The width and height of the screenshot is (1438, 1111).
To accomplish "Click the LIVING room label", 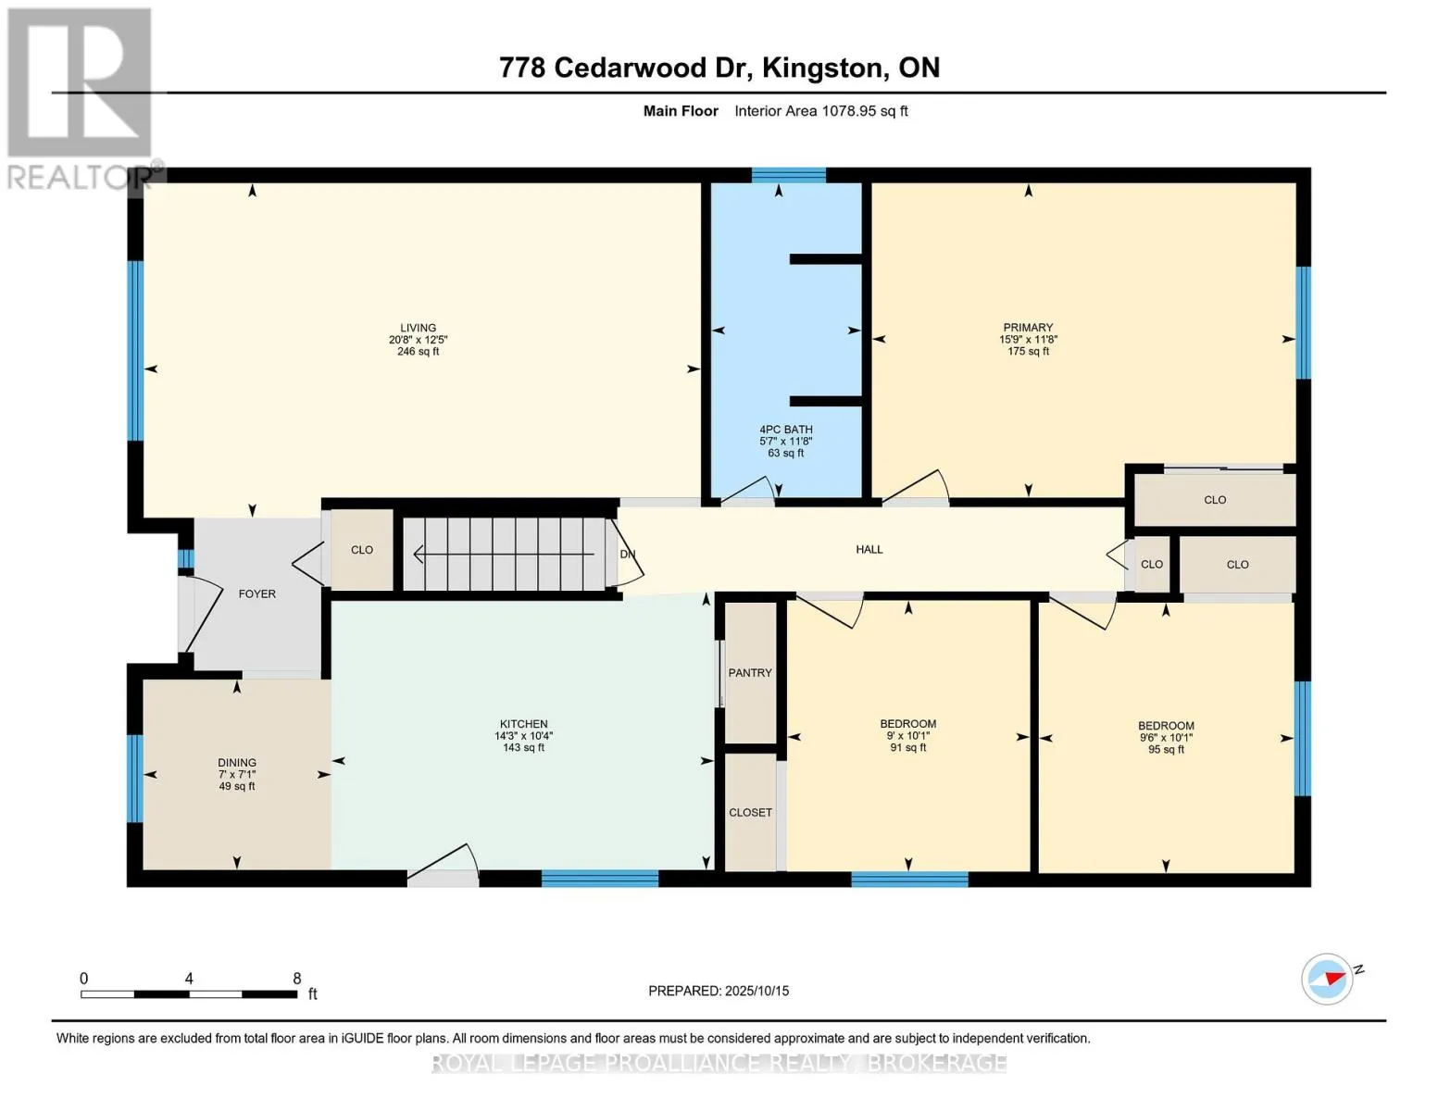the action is coord(418,328).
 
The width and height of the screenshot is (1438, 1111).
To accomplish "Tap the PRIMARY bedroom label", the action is coord(1028,327).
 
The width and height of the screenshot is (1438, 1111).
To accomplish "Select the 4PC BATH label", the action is coord(785,430).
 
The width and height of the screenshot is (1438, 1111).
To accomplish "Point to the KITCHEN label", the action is coord(523,724).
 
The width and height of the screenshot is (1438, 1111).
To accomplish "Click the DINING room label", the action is coord(237,762).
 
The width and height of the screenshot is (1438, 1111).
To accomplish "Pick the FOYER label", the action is coord(256,593).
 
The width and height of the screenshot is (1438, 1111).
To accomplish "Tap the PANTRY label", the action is coord(750,672).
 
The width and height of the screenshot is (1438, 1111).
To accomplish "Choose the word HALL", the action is coord(869,549).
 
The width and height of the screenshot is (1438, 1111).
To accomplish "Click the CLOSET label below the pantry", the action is coord(750,812).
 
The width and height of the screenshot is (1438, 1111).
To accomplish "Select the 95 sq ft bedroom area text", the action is coord(1166,749).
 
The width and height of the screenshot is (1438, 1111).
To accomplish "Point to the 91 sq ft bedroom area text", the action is coord(908,748).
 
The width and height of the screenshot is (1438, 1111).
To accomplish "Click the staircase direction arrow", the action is coord(504,554).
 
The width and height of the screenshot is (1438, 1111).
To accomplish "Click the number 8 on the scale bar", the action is coord(297,978).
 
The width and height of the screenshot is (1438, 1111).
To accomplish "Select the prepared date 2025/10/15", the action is coord(757,991).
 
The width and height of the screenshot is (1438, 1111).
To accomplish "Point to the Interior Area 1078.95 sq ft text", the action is coord(820,110).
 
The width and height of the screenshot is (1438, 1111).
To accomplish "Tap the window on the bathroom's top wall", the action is coord(788,175).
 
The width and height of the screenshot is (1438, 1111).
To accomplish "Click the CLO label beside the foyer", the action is coord(362,549).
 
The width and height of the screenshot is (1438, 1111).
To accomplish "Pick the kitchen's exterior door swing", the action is coord(442,862).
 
